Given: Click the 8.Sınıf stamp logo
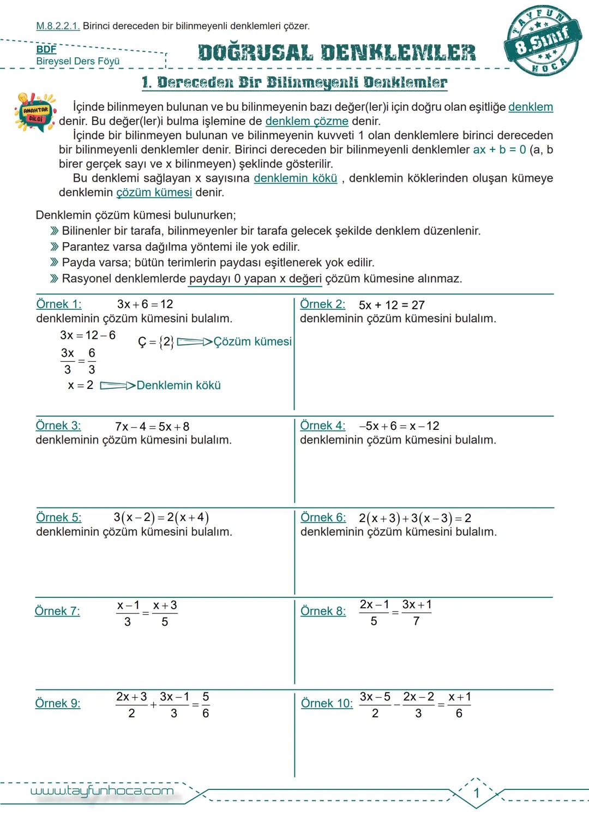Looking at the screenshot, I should [x=543, y=43].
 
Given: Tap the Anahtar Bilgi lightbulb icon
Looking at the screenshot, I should [x=35, y=112].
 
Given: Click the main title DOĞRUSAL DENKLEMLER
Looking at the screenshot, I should [x=336, y=53].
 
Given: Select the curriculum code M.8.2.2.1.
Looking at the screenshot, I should [x=58, y=26].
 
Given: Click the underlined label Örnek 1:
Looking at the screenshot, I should [x=58, y=304].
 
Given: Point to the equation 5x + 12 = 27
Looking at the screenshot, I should [x=392, y=305].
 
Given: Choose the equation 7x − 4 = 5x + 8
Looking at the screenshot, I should [x=152, y=427].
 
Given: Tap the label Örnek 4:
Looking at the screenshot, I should [x=323, y=426].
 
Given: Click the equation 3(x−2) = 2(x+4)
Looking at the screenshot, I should [x=161, y=517].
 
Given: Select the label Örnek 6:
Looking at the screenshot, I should [x=323, y=517].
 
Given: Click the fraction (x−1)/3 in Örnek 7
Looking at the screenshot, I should [x=128, y=613].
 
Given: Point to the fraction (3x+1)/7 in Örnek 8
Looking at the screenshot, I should [x=417, y=613].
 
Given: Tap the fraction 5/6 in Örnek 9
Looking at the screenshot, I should [x=206, y=705].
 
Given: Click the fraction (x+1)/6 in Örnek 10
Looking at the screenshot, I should [x=459, y=705].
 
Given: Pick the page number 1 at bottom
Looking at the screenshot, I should [x=476, y=793].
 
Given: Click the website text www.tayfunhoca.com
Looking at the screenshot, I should [x=102, y=791].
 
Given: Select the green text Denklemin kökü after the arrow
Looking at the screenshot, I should [x=178, y=385].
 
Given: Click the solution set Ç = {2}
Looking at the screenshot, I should [x=156, y=342].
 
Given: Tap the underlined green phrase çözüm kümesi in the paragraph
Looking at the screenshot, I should [x=154, y=193].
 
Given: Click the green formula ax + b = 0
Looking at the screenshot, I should [x=499, y=149].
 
